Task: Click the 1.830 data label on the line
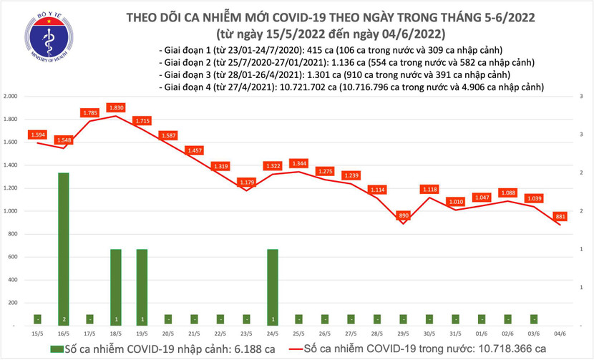point(116,108)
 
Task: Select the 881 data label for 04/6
point(561,216)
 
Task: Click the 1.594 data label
point(38,135)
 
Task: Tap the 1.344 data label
point(299,163)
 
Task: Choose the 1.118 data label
point(430,189)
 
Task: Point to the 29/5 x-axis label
point(404,334)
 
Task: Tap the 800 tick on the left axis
point(12,234)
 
